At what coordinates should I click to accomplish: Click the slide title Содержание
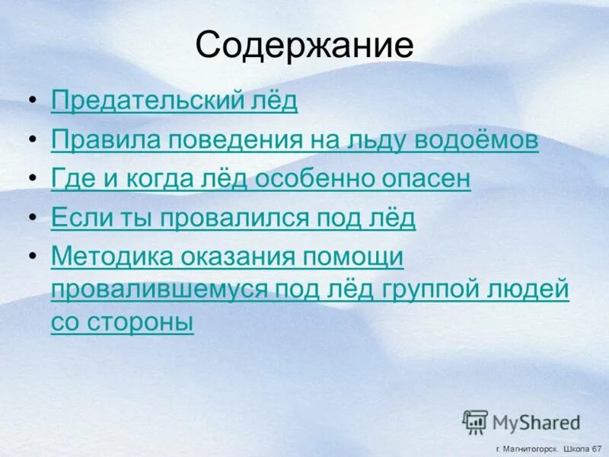304,46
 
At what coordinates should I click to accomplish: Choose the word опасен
433,180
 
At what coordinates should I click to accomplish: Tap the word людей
533,291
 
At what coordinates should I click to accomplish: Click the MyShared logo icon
476,421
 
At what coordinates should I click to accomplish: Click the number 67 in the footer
595,449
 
